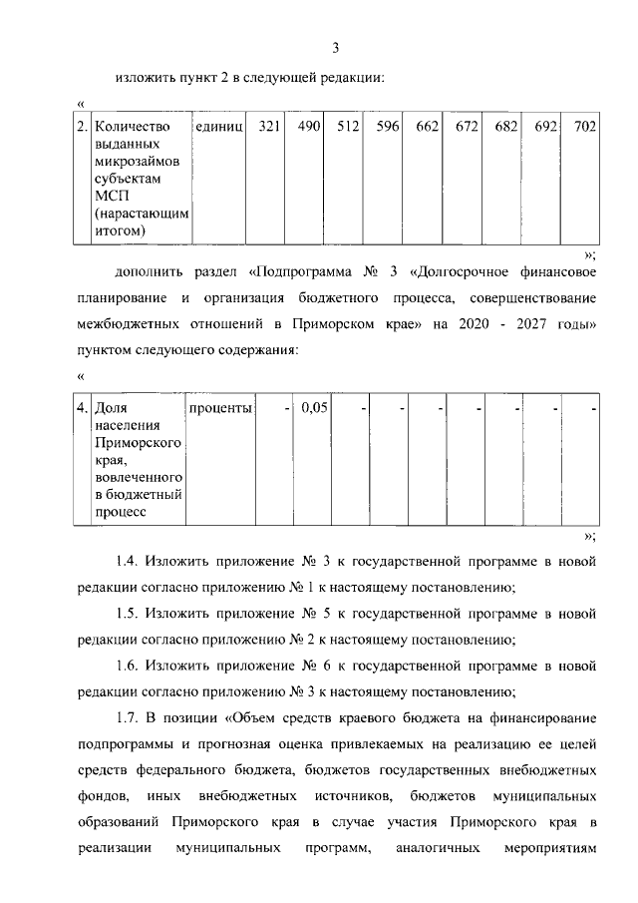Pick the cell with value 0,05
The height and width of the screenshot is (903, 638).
[313, 409]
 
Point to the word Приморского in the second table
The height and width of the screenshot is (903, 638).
[136, 443]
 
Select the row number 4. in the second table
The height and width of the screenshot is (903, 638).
[83, 409]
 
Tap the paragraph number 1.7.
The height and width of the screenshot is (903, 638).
[130, 718]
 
